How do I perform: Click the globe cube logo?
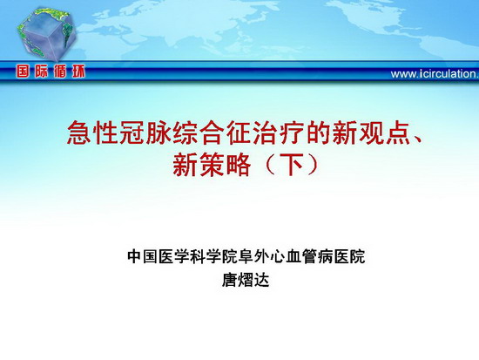tap(47, 34)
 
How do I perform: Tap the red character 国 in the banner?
tap(24, 71)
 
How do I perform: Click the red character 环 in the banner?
tap(78, 71)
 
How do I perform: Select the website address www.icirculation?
tap(435, 74)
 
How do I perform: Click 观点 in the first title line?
tap(384, 132)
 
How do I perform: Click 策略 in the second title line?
tap(226, 165)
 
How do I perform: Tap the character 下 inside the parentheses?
tap(292, 165)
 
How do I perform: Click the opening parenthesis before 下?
tap(270, 165)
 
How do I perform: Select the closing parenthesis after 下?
tap(313, 165)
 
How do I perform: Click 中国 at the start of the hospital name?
tap(143, 256)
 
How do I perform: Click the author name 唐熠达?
tap(246, 280)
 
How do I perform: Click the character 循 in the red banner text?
tap(59, 71)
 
